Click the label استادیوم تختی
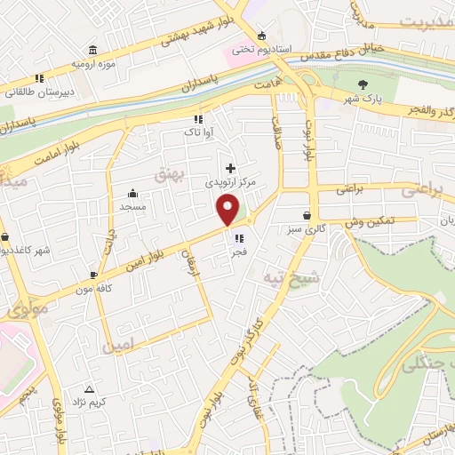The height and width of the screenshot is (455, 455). click(x=256, y=49)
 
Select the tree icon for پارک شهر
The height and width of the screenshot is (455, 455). click(x=362, y=84)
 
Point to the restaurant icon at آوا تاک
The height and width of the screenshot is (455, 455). click(x=197, y=118)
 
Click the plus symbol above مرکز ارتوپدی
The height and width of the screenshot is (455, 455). click(x=231, y=167)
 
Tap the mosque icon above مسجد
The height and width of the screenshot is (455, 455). click(x=133, y=193)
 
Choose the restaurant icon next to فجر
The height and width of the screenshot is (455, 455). click(x=238, y=237)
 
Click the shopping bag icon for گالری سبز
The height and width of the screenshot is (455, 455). click(x=307, y=214)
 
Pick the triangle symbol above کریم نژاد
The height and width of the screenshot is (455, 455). click(x=89, y=389)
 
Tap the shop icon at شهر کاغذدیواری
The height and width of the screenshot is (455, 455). click(x=7, y=238)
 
